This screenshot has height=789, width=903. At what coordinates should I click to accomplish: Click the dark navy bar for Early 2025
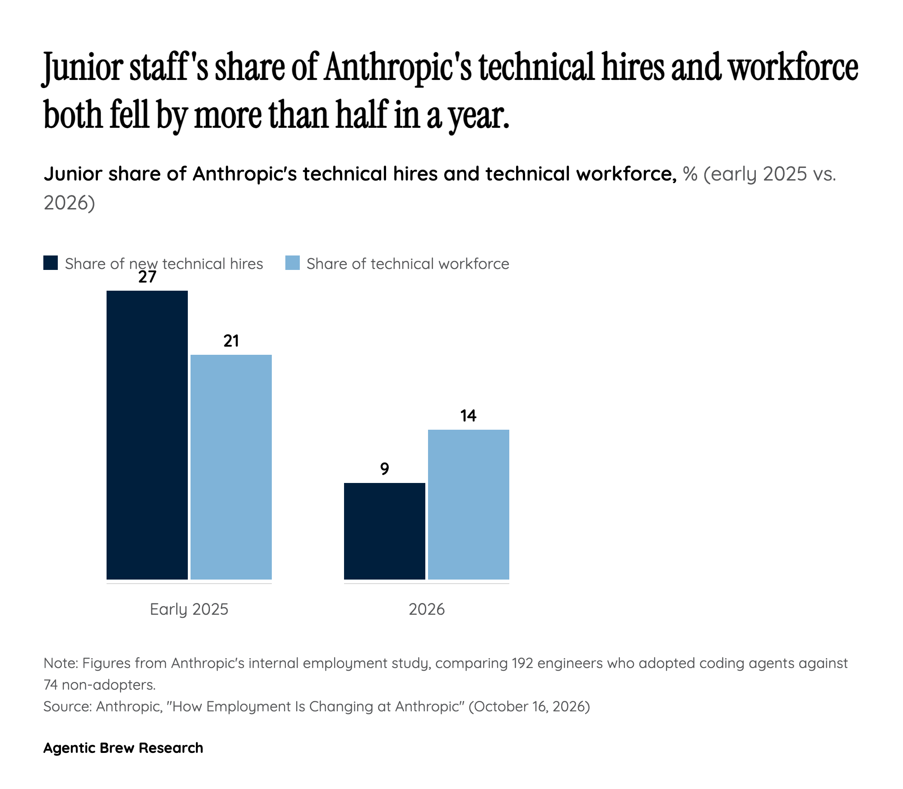coord(147,435)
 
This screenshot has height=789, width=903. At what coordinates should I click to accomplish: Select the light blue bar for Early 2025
coord(231,467)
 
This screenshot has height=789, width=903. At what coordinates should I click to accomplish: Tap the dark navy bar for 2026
coord(385,531)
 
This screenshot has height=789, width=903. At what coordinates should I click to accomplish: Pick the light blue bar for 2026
coord(469,504)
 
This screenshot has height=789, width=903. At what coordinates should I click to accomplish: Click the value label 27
coord(147,277)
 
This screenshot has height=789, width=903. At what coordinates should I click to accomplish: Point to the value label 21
coord(231,341)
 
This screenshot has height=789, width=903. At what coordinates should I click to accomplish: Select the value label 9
coord(385,469)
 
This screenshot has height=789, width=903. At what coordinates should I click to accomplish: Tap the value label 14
coord(469,416)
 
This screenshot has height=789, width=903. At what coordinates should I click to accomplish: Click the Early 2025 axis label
coord(189,609)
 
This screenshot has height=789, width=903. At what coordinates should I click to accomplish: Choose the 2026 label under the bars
coord(427,609)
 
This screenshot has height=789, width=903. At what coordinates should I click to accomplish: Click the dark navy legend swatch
coord(51,263)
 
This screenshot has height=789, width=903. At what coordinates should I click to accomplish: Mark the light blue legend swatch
coord(293,263)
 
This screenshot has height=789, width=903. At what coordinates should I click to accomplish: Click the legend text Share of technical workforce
coord(408,264)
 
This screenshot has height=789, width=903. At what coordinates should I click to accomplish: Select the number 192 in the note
coord(525,663)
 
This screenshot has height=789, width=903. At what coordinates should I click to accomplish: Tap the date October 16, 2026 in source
coord(530,706)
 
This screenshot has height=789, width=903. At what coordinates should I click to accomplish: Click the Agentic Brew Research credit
coord(123,748)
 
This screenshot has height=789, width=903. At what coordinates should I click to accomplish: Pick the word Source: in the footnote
coord(68,706)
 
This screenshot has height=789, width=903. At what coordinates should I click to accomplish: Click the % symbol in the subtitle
coord(690,174)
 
